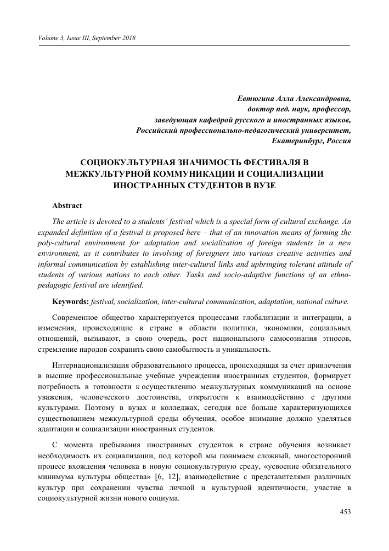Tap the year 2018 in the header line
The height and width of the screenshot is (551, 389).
[127, 38]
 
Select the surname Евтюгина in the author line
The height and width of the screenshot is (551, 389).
[255, 99]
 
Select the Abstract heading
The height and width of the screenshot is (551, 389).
[67, 206]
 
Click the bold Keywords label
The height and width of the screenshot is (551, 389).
[70, 301]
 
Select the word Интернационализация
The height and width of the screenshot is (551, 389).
[99, 366]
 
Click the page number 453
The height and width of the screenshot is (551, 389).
[345, 513]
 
